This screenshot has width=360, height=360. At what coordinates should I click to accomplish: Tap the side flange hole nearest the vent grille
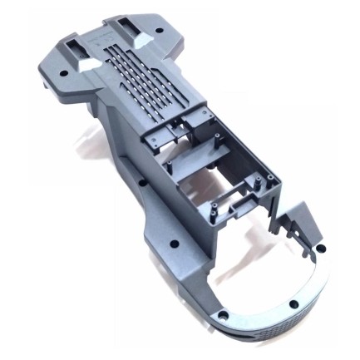tap(142, 182)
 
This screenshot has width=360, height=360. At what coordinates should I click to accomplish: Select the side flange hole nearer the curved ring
tap(177, 244)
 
